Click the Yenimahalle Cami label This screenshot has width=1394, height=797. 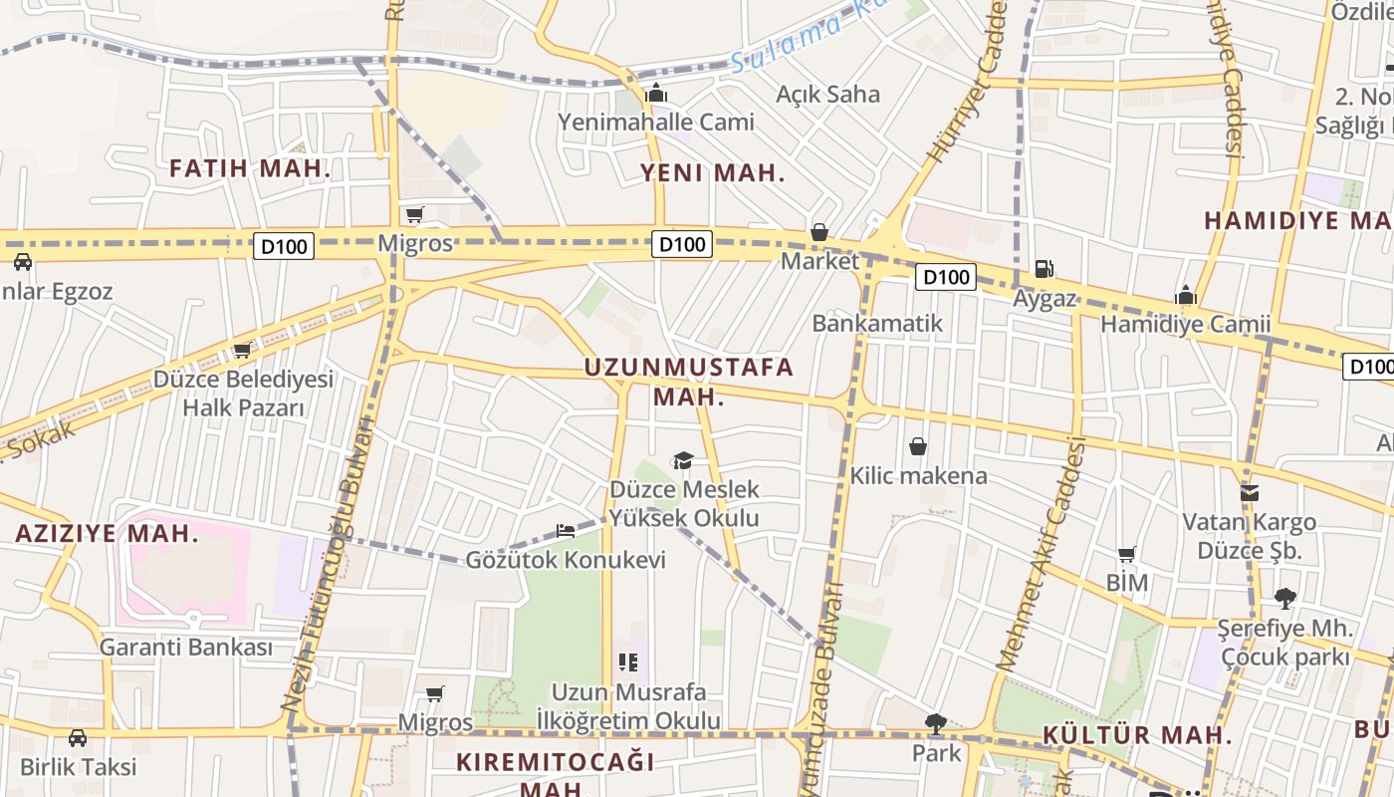[656, 122]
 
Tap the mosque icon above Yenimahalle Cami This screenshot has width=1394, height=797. [656, 95]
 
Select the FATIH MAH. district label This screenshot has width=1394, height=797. [250, 168]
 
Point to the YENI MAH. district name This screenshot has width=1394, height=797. [712, 173]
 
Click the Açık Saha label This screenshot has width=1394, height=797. [827, 94]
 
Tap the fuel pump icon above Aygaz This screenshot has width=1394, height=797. [1045, 268]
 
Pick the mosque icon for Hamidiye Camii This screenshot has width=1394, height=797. [1185, 296]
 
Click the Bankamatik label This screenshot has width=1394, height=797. [877, 323]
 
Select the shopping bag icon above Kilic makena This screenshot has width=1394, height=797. [918, 446]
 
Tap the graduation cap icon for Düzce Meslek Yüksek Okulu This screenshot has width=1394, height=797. [683, 460]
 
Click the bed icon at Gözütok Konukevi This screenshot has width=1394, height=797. [566, 531]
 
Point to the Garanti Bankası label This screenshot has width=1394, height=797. [185, 647]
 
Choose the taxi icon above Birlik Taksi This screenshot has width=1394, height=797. [78, 738]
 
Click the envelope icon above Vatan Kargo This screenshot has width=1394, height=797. [1249, 493]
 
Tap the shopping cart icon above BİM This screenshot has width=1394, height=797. [1127, 554]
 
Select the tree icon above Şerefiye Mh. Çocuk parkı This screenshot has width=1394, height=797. [1284, 599]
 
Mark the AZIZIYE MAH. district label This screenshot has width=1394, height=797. [108, 533]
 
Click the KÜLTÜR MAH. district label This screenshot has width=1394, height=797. [1137, 735]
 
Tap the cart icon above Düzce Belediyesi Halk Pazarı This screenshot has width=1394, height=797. [242, 351]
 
